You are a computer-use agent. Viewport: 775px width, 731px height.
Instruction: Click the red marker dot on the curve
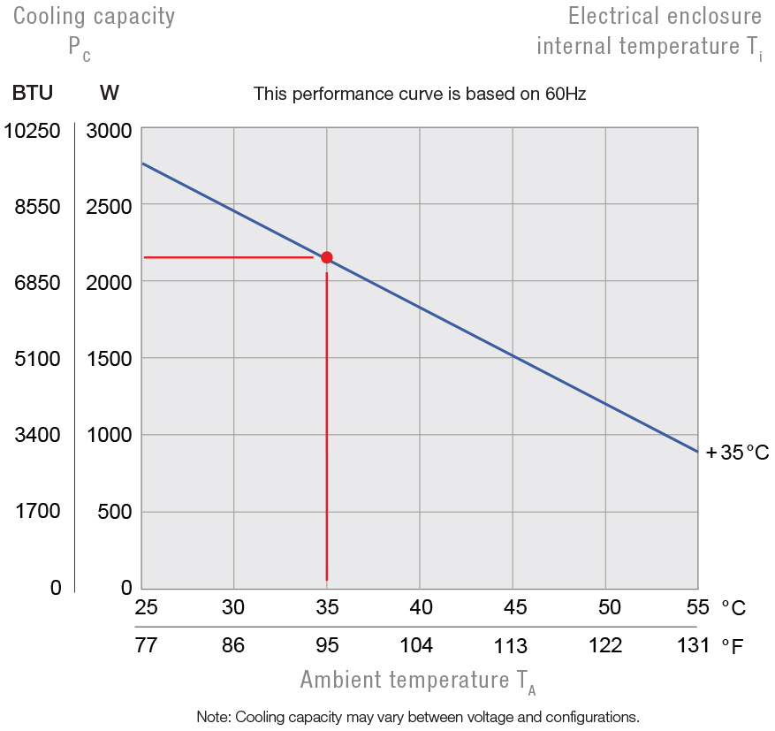(327, 257)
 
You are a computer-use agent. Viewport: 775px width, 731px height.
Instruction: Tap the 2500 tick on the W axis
(110, 206)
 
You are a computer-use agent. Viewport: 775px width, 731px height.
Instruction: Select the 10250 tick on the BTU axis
(32, 131)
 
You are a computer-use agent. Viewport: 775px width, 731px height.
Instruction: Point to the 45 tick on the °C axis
(514, 607)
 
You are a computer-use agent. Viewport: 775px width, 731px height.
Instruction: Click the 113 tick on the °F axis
(511, 646)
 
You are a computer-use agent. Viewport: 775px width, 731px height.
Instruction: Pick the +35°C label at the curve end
(737, 453)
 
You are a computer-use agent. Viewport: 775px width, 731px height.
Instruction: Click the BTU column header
(32, 93)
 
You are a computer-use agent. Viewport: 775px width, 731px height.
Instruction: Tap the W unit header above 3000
(110, 93)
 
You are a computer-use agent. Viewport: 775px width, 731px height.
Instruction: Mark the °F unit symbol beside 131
(732, 646)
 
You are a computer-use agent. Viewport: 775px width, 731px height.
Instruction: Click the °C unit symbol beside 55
(733, 607)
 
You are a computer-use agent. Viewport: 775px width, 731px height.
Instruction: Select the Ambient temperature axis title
(418, 681)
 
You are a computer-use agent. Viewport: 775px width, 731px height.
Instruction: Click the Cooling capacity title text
(94, 16)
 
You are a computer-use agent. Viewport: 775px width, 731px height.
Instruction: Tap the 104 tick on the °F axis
(416, 645)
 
